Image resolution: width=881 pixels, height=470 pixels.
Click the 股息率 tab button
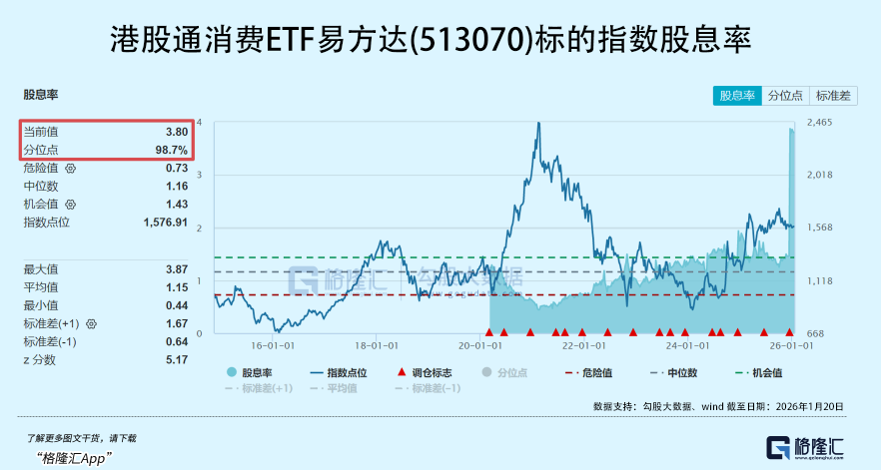point(737,96)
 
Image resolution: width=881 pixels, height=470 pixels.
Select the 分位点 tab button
point(785,96)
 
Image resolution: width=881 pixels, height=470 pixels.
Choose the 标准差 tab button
point(833,96)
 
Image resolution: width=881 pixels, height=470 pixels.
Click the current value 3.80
point(177,132)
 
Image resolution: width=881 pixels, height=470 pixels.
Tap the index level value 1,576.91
point(166,222)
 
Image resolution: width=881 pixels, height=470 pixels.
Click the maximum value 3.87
point(177,269)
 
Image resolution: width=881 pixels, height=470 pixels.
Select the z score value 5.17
point(177,359)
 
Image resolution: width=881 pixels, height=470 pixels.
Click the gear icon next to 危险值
point(70,169)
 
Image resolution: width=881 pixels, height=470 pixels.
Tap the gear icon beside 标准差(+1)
point(91,324)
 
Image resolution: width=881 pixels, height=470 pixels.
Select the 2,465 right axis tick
point(819,122)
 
